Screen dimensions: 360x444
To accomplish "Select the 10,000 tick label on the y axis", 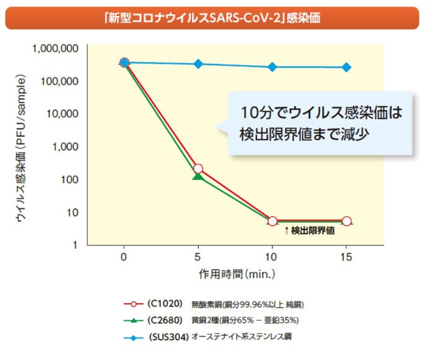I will [x=61, y=114].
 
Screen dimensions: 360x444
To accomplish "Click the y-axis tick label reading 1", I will [x=74, y=245].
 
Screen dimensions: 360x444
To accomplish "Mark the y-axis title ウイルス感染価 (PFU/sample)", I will [x=20, y=149].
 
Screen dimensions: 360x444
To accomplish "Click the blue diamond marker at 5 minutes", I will [x=198, y=64].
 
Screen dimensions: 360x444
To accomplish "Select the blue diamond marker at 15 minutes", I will [x=347, y=67].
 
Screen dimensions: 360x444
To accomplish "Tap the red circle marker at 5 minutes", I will [x=198, y=169].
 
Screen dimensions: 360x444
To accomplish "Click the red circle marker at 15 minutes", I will [x=347, y=221].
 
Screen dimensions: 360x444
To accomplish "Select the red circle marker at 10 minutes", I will [x=272, y=221].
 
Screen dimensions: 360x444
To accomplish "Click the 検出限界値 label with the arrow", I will [x=309, y=231].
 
